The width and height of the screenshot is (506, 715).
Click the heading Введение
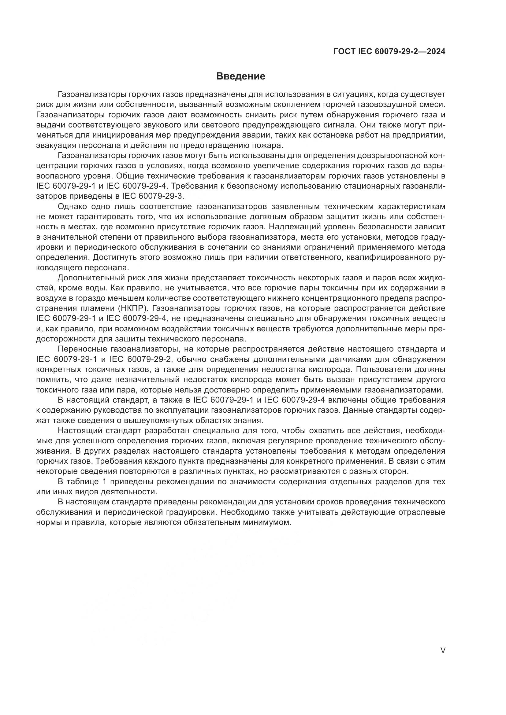pos(240,76)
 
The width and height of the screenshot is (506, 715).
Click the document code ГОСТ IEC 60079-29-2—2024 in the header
pos(389,52)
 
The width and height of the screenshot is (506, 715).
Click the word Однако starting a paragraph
pos(72,206)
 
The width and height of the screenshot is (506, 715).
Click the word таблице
pos(82,482)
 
